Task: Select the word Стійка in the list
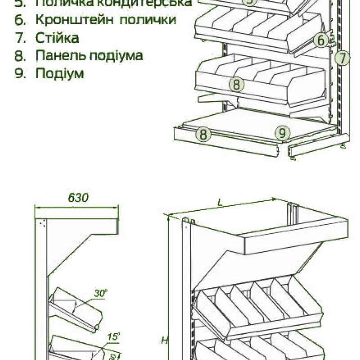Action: click(x=57, y=38)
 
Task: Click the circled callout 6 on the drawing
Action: click(x=321, y=40)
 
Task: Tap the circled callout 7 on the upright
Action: click(x=343, y=58)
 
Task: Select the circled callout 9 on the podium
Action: click(x=282, y=133)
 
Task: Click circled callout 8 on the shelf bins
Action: click(x=237, y=84)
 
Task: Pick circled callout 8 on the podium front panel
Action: click(x=203, y=134)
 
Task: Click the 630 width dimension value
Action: click(x=78, y=198)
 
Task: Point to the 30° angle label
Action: click(x=100, y=293)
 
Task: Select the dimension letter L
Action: click(x=220, y=202)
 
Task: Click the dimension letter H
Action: click(x=165, y=340)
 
